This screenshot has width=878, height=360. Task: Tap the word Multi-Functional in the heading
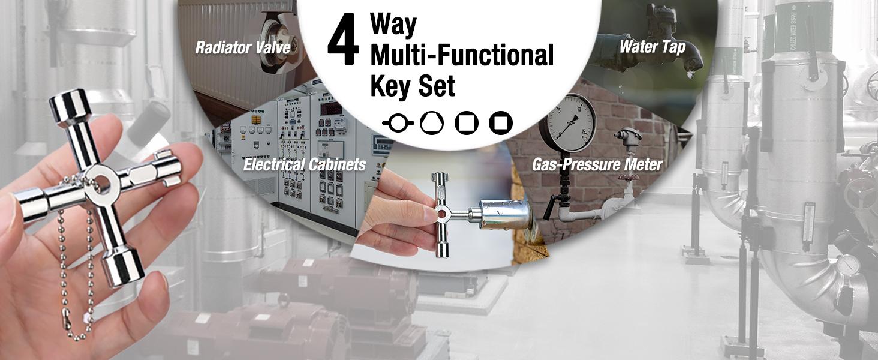tap(461, 55)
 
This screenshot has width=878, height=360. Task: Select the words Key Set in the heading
tap(413, 86)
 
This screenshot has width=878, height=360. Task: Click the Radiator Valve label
tap(242, 48)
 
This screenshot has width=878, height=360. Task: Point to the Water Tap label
tap(652, 46)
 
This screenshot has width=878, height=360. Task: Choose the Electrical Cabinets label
tap(304, 164)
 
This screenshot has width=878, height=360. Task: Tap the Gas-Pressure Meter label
tap(597, 164)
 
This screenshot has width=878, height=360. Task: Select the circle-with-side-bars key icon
tap(398, 124)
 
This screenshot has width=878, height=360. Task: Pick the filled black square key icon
tap(500, 123)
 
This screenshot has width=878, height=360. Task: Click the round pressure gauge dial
tap(566, 124)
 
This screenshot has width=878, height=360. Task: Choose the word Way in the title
tap(393, 23)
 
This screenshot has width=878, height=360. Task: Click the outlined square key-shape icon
tap(466, 123)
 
